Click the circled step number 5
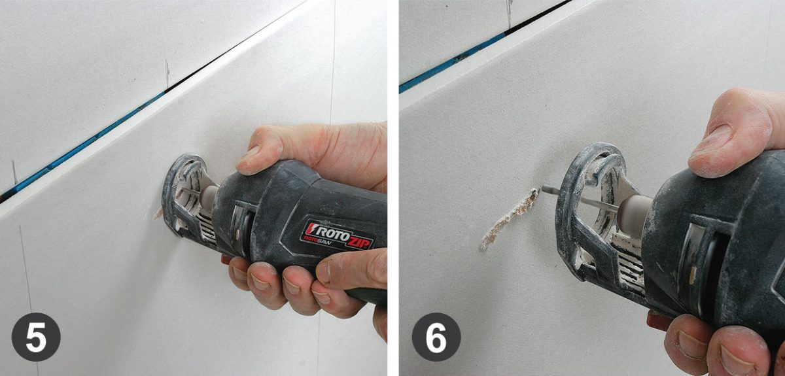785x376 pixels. click(35, 337)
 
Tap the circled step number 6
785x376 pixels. click(436, 337)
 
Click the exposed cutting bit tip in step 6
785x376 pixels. click(546, 189)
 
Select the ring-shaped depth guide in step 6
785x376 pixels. click(585, 196)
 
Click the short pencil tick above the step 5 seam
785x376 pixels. click(167, 75)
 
